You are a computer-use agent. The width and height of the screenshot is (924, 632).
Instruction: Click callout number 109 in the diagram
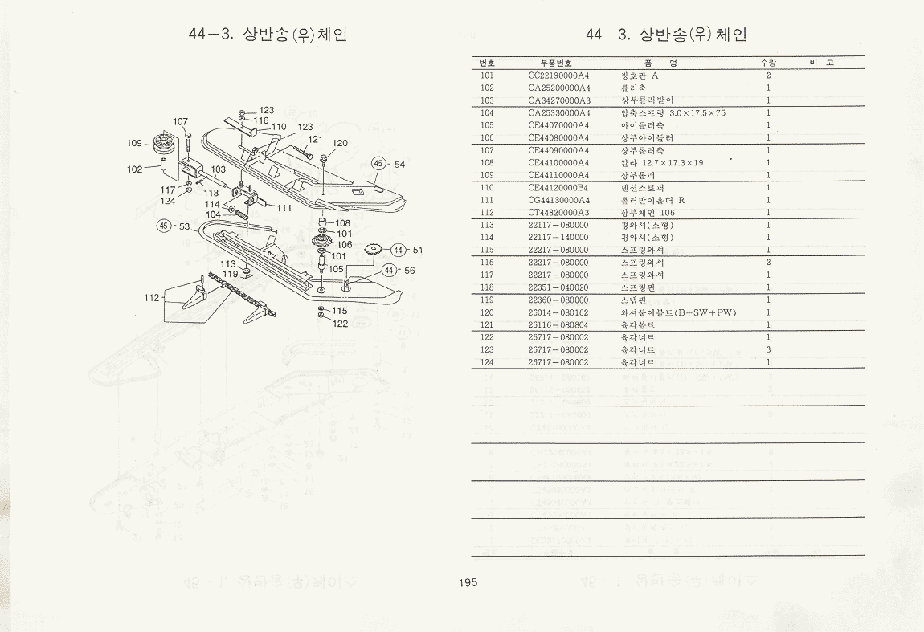point(134,143)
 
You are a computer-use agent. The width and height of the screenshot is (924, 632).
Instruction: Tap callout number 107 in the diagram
point(180,122)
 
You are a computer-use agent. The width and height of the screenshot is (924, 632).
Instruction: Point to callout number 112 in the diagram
point(152,298)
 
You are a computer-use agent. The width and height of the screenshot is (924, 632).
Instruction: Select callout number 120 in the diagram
point(340,143)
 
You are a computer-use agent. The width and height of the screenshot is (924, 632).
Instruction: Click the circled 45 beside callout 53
point(165,226)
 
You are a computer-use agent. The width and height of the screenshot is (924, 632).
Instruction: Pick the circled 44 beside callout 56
point(390,271)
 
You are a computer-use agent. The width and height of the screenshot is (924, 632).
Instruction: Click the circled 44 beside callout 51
point(399,250)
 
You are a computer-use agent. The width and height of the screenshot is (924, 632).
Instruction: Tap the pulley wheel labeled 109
point(164,145)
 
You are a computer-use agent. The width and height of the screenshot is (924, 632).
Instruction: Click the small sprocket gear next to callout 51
point(373,250)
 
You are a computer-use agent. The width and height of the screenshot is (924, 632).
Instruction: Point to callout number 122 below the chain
point(341,324)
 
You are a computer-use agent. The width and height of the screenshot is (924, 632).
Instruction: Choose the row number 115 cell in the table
point(487,250)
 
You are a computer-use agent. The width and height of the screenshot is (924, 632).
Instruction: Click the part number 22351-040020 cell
point(558,287)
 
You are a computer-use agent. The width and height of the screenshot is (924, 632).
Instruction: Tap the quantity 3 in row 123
point(768,349)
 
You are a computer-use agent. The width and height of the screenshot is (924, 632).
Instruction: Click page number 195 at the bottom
point(467,583)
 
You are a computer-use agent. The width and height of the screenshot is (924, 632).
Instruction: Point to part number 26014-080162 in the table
point(558,312)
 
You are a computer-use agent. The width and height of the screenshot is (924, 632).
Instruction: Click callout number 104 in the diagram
point(213,214)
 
